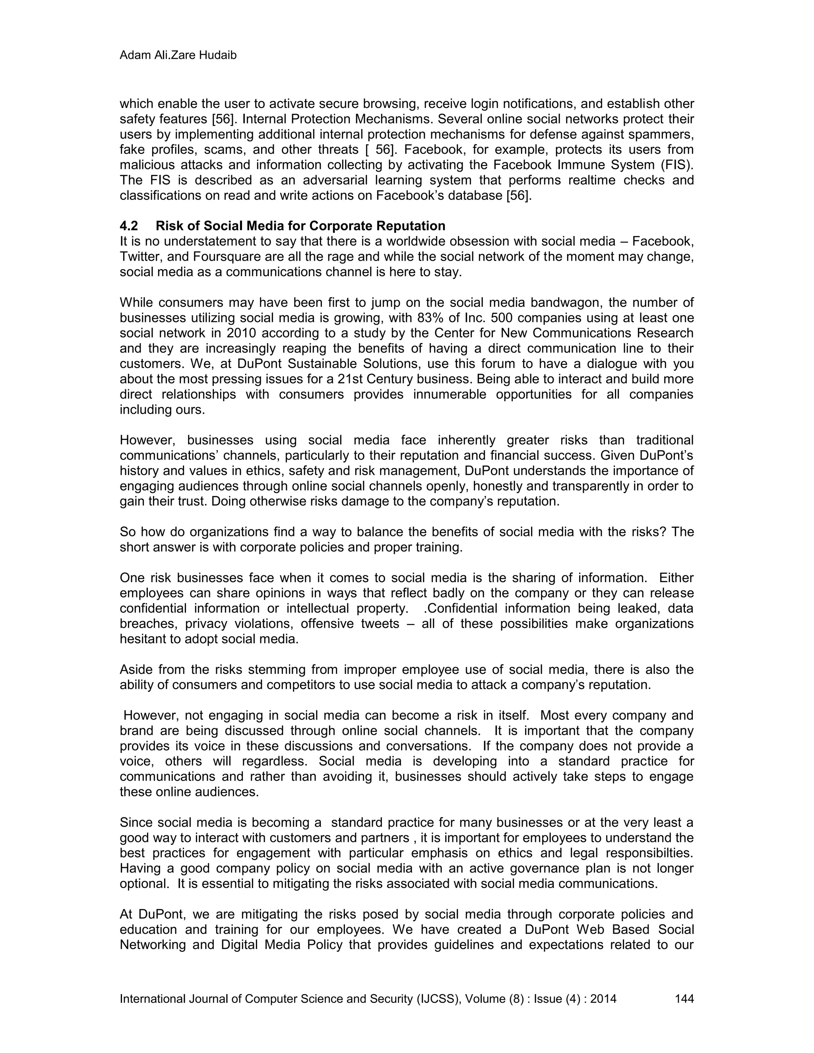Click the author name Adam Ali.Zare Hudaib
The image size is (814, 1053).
[178, 56]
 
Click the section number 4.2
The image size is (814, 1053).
[129, 226]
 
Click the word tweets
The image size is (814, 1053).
[380, 624]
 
